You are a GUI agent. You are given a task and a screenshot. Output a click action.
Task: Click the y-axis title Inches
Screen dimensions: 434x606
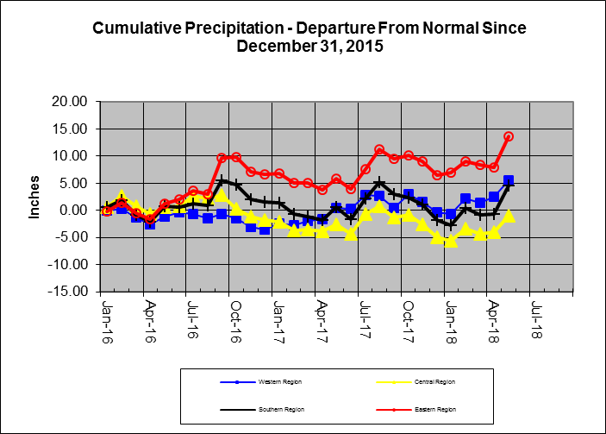point(35,197)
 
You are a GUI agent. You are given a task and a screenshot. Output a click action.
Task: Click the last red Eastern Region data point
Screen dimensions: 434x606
point(509,136)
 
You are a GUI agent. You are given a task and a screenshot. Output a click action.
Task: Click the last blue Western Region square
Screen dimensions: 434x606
point(509,181)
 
